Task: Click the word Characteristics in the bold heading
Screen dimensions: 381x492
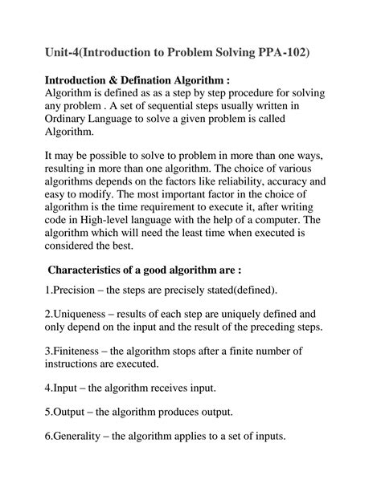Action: coord(95,289)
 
